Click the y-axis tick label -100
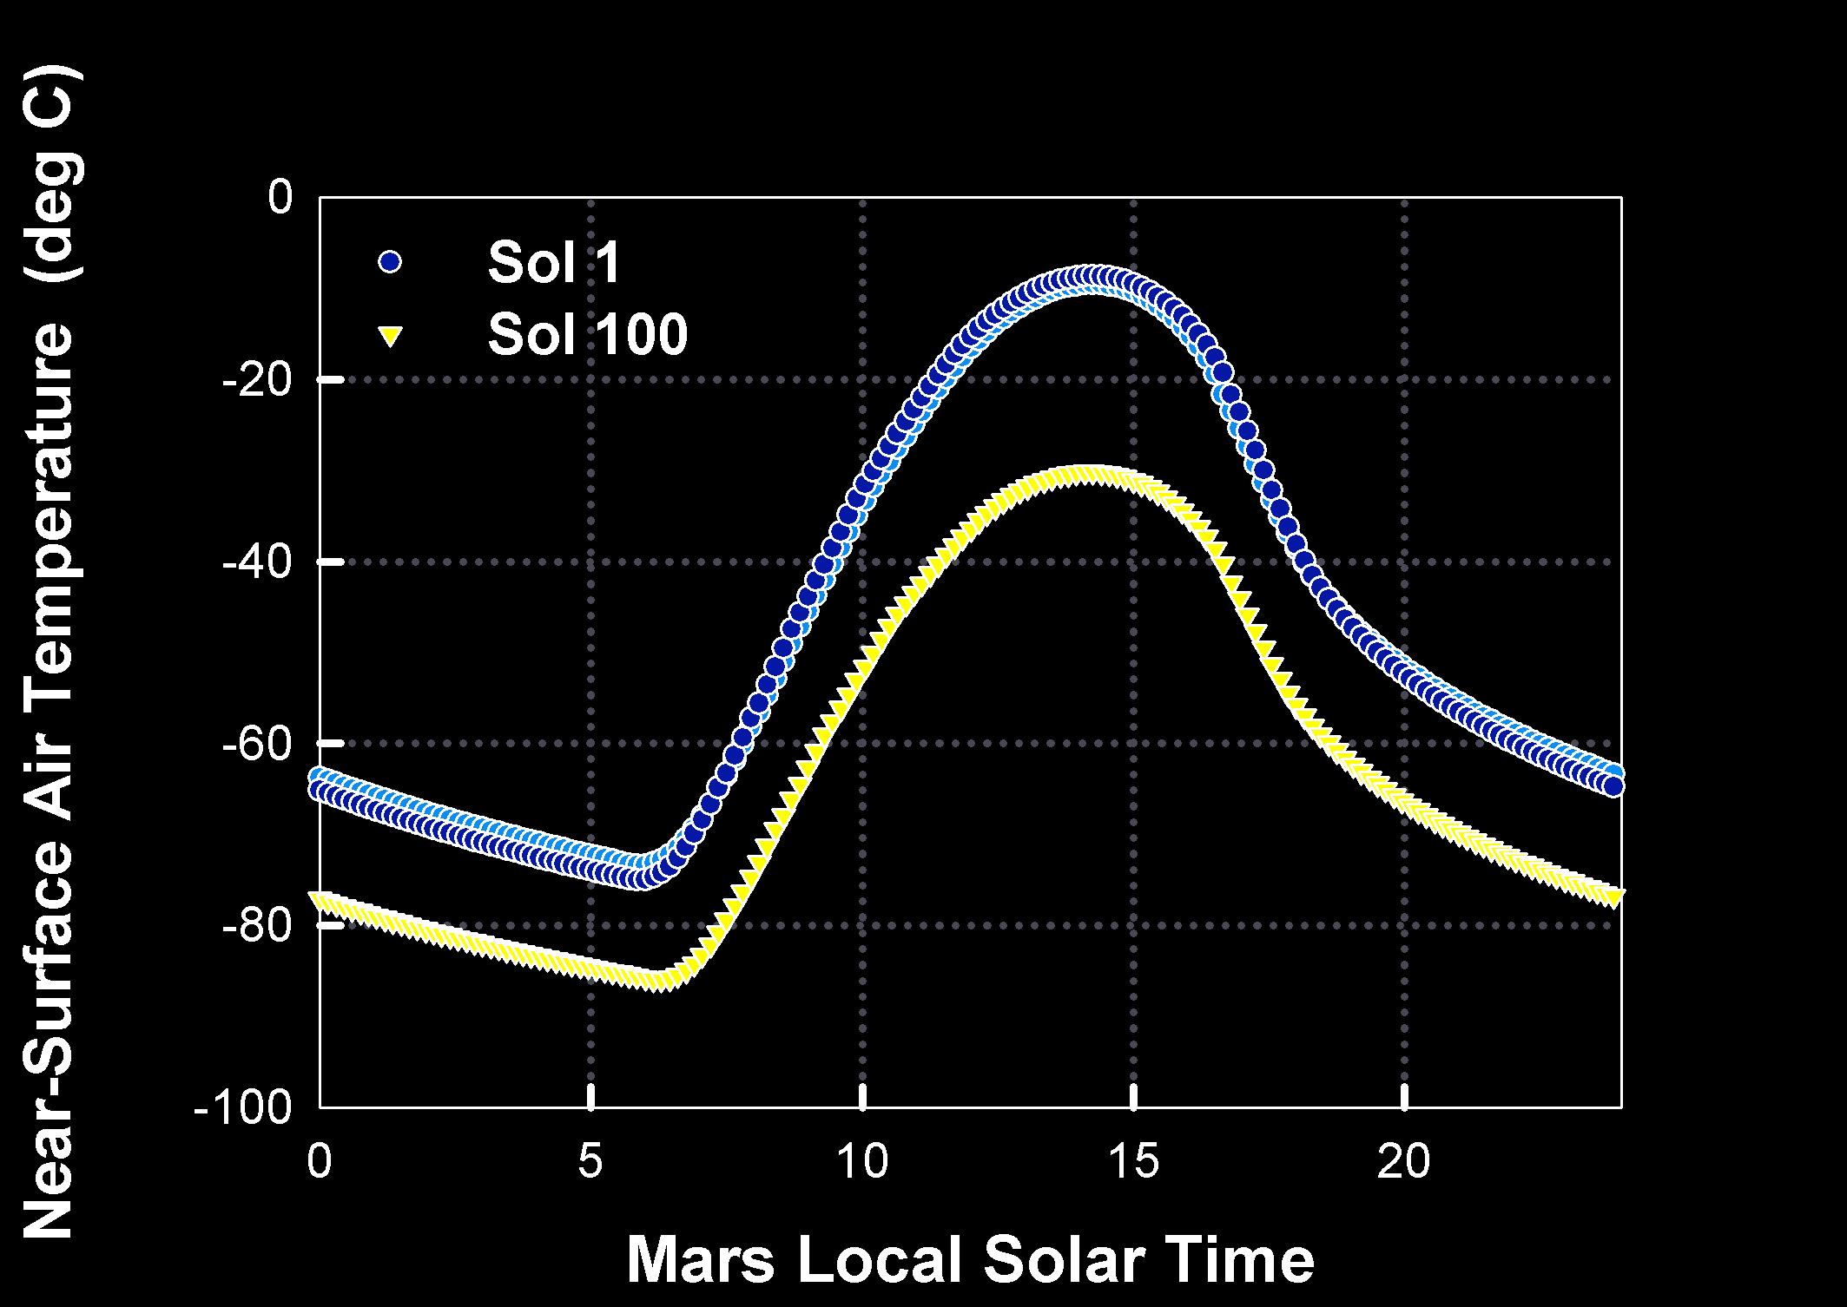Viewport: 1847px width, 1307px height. (243, 1110)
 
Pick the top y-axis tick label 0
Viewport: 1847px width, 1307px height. (280, 198)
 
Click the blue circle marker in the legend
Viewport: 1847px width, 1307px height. (390, 261)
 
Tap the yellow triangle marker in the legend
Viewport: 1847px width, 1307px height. (390, 336)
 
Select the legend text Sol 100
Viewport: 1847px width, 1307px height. (587, 334)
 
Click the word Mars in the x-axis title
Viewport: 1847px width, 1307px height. (701, 1260)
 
